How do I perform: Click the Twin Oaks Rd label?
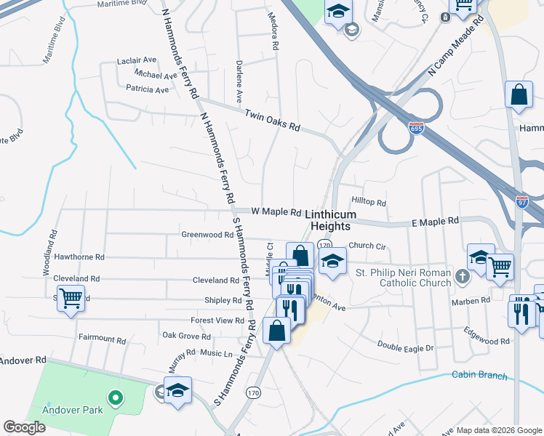(x=273, y=121)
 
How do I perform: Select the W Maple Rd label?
(x=276, y=212)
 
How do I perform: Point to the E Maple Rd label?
(x=435, y=221)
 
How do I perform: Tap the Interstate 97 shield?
(x=522, y=199)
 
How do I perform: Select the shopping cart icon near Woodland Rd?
(x=71, y=298)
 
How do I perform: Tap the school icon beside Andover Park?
(x=177, y=390)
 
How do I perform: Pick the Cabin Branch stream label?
(x=478, y=375)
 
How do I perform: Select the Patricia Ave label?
(x=147, y=90)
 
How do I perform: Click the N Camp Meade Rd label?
(x=456, y=47)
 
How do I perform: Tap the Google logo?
(x=25, y=427)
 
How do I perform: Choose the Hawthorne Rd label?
(x=79, y=257)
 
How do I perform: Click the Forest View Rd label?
(x=217, y=320)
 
